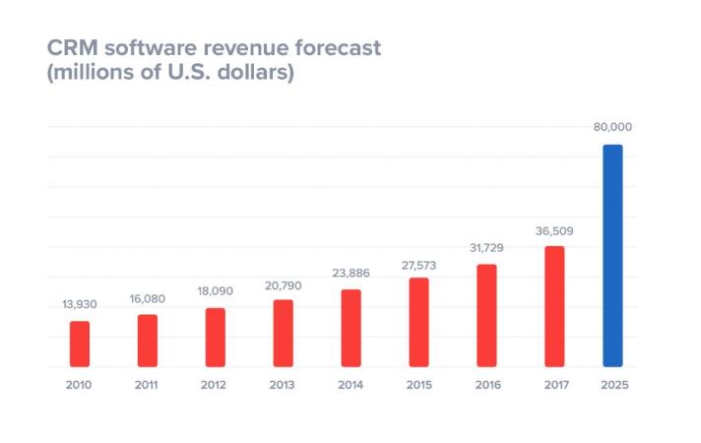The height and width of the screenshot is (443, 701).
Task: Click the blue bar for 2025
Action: [x=612, y=256]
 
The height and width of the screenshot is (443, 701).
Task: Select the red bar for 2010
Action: [x=80, y=344]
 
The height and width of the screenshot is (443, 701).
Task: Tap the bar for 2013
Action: [x=283, y=333]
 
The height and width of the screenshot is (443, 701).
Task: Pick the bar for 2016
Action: [x=486, y=315]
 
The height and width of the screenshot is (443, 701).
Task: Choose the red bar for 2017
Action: [x=554, y=306]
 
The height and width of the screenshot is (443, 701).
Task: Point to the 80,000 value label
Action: [x=612, y=127]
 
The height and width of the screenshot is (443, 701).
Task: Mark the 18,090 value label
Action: [x=215, y=291]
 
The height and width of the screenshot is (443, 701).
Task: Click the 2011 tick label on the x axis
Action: [x=147, y=385]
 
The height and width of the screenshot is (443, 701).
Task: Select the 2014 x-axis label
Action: [x=350, y=385]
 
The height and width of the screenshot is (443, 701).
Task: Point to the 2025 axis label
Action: [x=613, y=385]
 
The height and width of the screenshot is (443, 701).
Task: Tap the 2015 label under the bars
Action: [x=418, y=385]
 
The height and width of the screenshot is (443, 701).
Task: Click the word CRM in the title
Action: [x=73, y=48]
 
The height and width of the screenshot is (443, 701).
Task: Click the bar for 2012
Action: [x=215, y=338]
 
